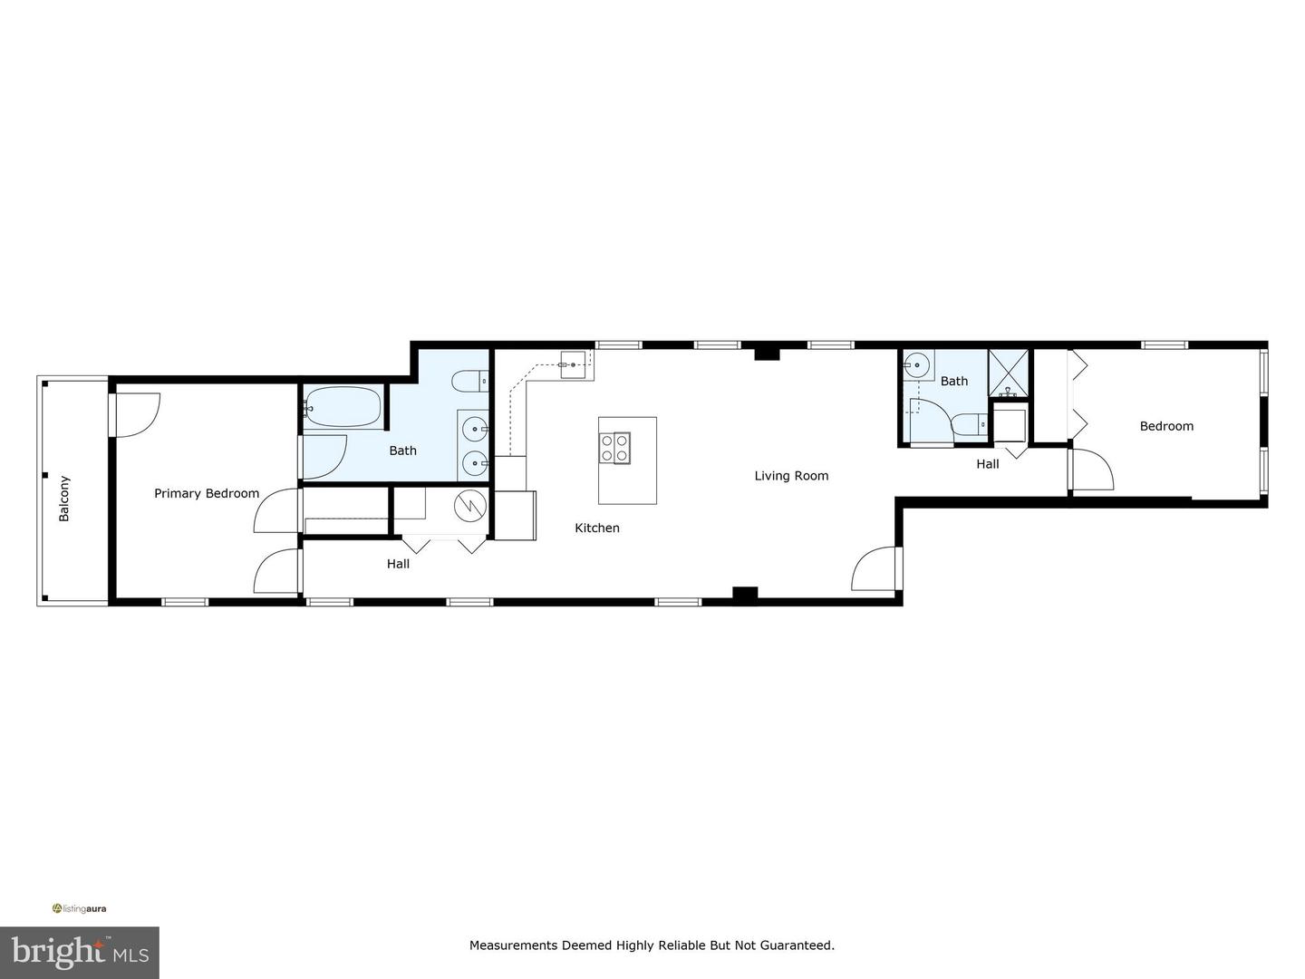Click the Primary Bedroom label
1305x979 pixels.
(207, 493)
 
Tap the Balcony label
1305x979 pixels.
(64, 499)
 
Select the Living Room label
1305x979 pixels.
(791, 475)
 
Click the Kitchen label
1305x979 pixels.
(597, 528)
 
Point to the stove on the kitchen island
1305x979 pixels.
(614, 448)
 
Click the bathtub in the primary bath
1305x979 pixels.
(342, 407)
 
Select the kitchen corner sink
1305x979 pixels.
(573, 364)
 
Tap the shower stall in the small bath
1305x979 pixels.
(1009, 373)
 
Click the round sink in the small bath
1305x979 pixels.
(917, 366)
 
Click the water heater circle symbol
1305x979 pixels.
(470, 506)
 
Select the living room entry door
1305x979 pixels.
(876, 568)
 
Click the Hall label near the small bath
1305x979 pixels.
(988, 463)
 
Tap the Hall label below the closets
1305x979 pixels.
(398, 564)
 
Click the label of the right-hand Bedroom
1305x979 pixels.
(1166, 426)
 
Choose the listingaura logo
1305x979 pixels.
(80, 908)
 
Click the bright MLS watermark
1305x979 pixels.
(80, 952)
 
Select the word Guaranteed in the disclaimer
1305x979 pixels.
(793, 945)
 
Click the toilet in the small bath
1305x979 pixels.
(968, 424)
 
